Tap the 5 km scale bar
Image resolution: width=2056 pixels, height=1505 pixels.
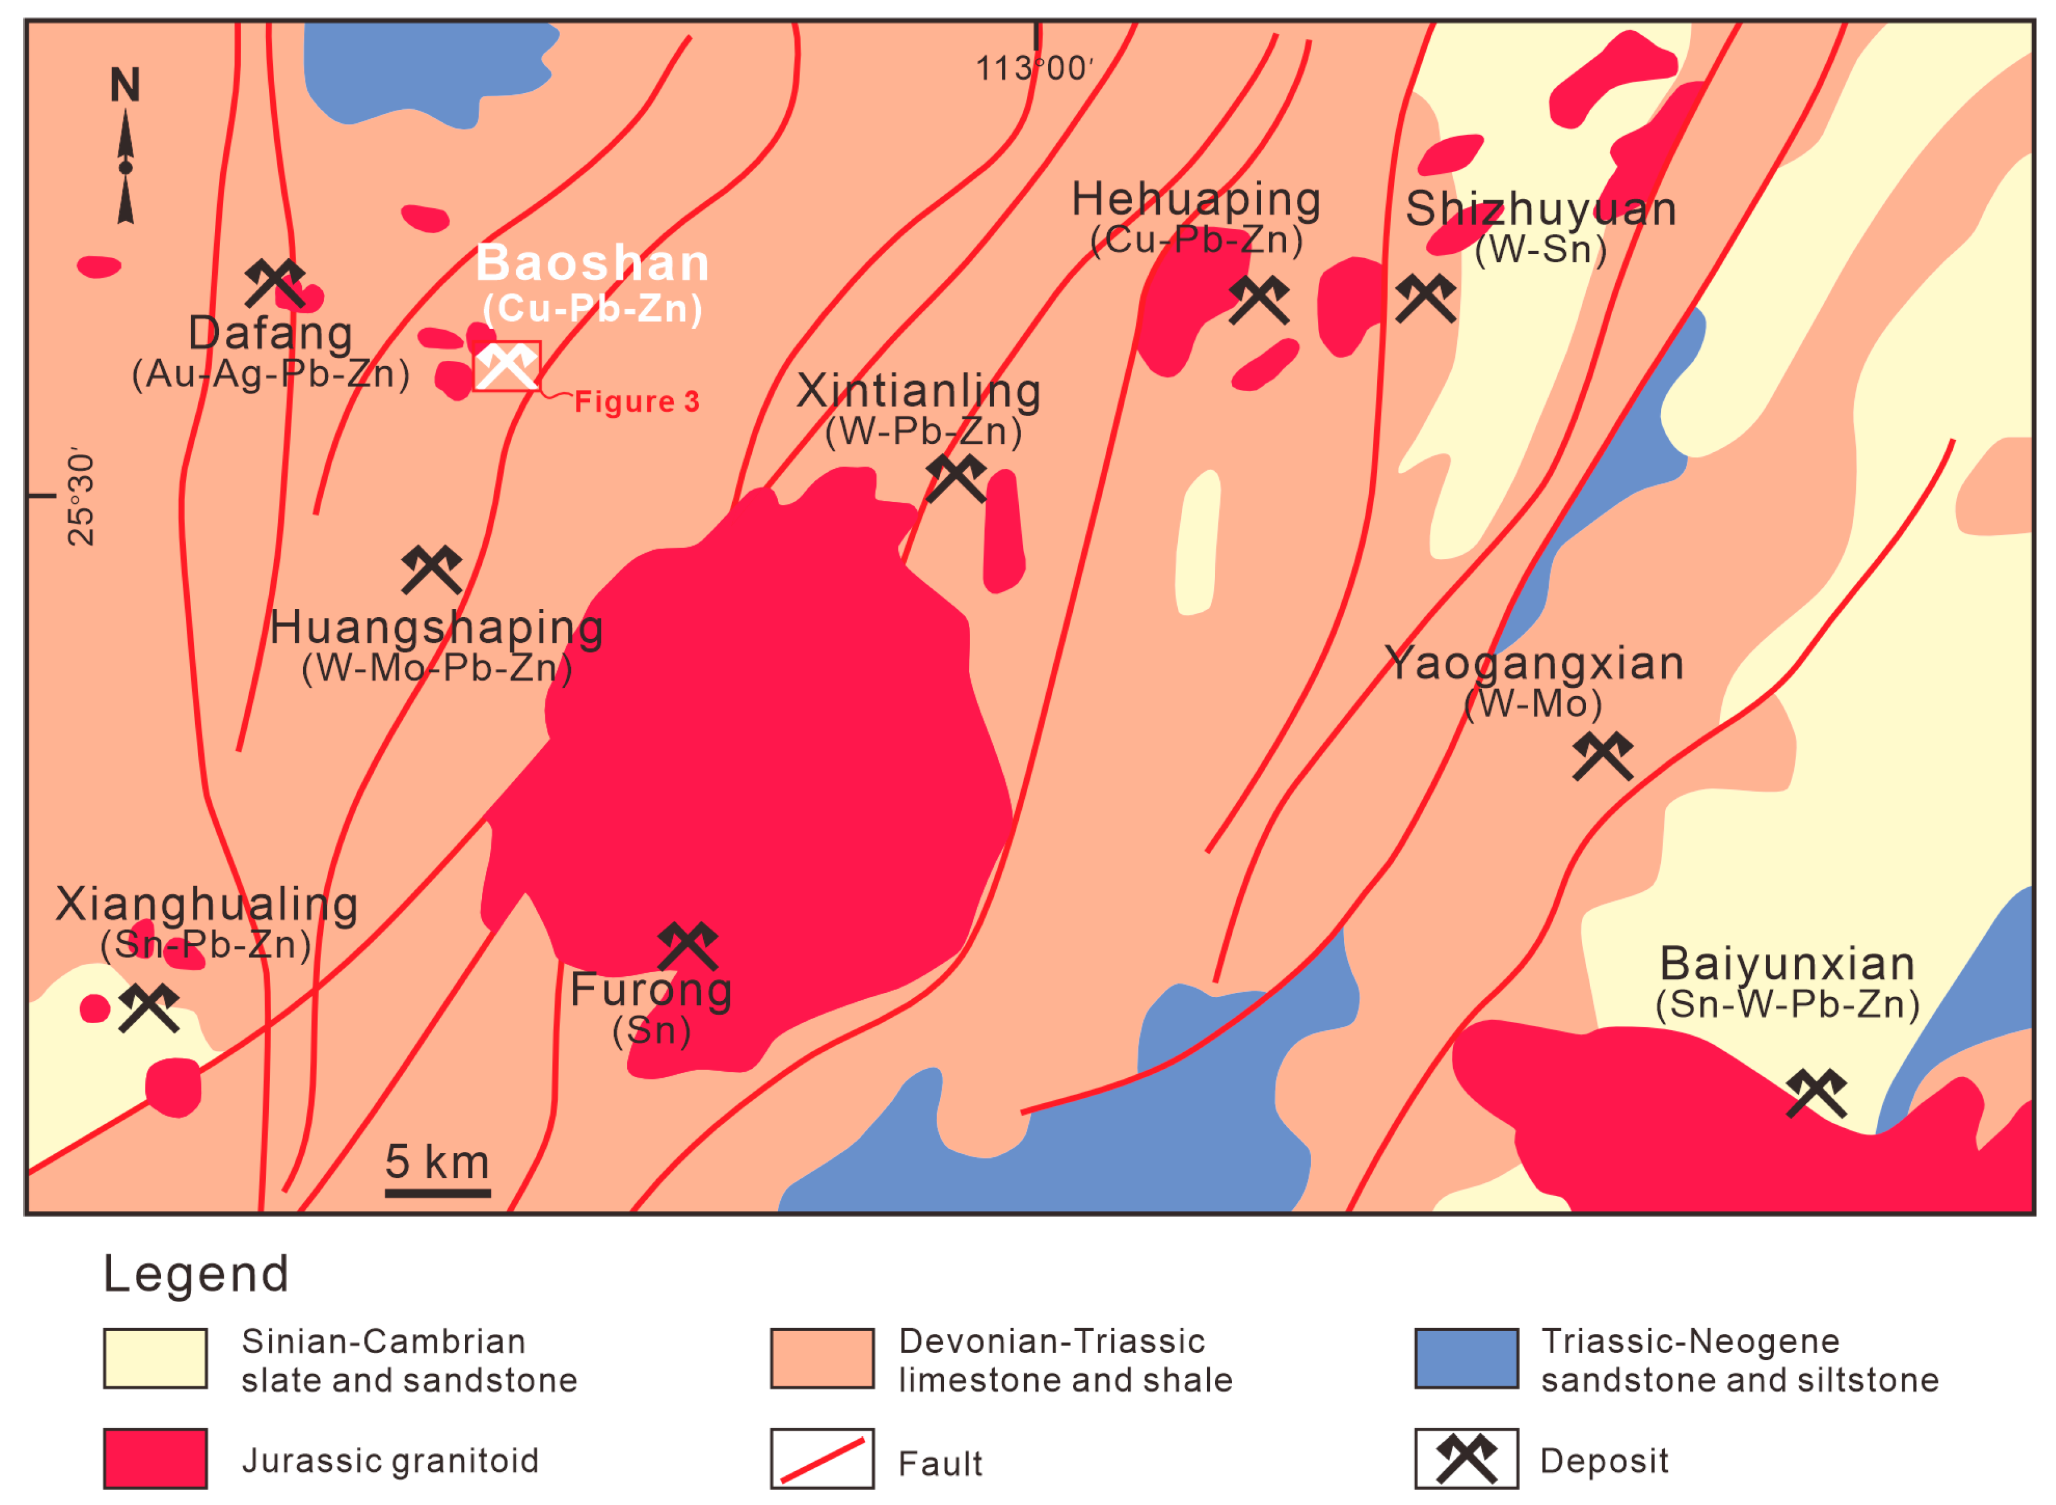point(437,1192)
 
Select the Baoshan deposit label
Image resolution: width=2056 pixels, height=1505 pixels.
point(592,263)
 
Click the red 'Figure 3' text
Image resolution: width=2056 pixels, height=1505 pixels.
point(637,402)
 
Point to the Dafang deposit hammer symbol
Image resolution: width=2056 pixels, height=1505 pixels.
point(274,283)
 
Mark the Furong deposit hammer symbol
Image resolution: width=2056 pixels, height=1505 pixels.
point(688,947)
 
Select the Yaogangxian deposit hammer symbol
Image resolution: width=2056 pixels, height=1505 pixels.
point(1602,756)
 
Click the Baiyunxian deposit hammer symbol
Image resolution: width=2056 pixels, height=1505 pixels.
point(1816,1093)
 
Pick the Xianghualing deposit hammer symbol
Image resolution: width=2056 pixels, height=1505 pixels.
point(148,1008)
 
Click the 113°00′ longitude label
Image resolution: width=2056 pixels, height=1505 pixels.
point(1034,68)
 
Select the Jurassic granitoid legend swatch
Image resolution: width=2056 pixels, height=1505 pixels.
point(155,1459)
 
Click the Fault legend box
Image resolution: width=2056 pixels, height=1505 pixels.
point(822,1459)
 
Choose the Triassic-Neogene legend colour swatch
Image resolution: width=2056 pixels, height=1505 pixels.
point(1466,1358)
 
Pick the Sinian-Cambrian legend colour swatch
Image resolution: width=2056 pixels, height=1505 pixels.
point(155,1358)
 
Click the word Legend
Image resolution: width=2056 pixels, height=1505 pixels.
point(196,1274)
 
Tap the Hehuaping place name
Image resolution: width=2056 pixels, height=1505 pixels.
point(1196,199)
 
